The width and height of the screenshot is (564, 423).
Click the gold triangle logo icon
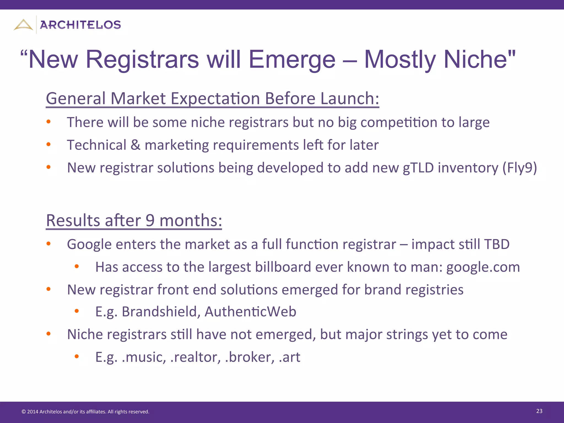point(23,25)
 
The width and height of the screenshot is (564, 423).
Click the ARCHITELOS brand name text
point(80,25)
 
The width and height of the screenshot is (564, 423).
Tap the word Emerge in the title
point(292,59)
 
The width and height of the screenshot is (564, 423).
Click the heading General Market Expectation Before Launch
point(212,99)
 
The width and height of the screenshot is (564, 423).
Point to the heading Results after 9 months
point(134,221)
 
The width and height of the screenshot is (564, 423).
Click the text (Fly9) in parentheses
point(519,168)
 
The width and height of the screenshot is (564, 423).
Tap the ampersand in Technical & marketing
point(135,145)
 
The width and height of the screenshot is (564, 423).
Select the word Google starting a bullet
point(89,245)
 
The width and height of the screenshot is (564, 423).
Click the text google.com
point(483,267)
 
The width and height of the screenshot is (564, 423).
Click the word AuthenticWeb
point(250,312)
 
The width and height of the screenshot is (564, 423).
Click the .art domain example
point(289,357)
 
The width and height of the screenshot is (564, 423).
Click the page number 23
point(539,411)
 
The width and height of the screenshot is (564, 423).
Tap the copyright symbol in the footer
point(24,412)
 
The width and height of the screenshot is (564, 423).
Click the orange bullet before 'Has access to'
point(77,266)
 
